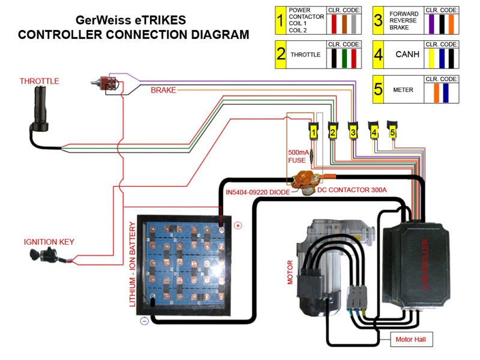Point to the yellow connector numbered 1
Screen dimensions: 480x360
point(313,131)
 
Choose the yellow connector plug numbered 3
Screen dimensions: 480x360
point(353,130)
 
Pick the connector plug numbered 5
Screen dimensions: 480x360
point(392,130)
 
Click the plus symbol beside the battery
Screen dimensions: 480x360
point(238,226)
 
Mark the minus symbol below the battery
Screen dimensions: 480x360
point(144,321)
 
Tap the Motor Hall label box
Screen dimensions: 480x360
point(411,339)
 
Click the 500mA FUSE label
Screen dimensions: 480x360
point(298,156)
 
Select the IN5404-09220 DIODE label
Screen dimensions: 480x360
point(258,192)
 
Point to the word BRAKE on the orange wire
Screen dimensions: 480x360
point(163,90)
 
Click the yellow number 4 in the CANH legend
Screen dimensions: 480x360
point(379,55)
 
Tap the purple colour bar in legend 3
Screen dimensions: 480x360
point(431,23)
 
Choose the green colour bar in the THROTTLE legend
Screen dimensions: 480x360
point(344,58)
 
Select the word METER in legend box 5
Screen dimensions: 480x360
point(403,89)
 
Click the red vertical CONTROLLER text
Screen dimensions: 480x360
point(425,265)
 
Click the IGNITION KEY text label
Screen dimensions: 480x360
point(49,242)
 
